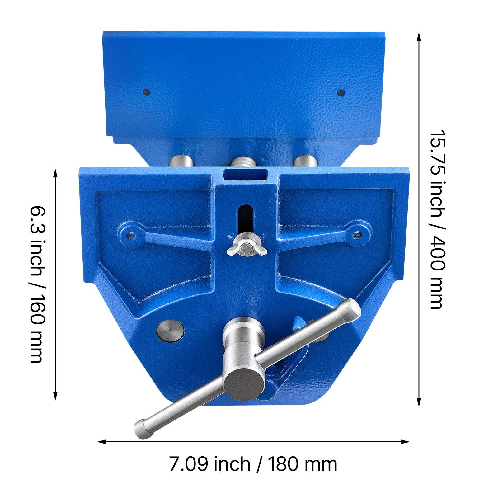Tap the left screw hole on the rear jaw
[147, 92]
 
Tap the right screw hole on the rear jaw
[341, 92]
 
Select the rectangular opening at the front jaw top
[246, 175]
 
